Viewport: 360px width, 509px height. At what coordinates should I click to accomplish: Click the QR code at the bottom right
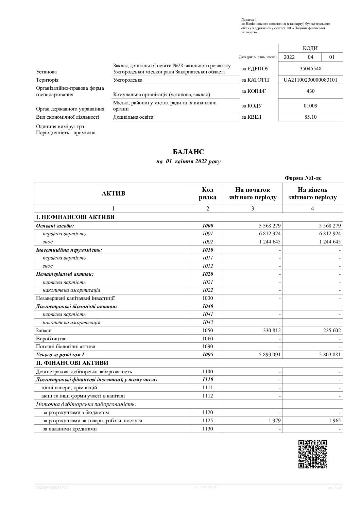click(x=312, y=454)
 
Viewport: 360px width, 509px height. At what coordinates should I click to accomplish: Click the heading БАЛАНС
click(x=188, y=152)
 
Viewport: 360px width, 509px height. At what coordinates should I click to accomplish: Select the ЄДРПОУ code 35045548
click(x=310, y=69)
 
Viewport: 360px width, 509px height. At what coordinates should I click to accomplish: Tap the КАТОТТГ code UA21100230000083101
click(x=310, y=80)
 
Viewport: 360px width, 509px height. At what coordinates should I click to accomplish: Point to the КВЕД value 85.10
click(x=310, y=117)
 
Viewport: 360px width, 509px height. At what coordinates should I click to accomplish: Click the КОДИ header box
click(x=310, y=48)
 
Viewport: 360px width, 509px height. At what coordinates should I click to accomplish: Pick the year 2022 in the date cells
click(x=289, y=57)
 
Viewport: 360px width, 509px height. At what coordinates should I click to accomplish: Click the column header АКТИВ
click(x=113, y=193)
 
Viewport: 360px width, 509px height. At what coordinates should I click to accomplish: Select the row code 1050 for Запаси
click(x=208, y=330)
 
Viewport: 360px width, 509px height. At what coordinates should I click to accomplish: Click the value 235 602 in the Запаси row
click(x=329, y=330)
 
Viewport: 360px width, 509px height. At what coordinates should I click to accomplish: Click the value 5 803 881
click(x=327, y=355)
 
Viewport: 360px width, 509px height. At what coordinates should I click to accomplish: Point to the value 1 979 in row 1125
click(x=274, y=421)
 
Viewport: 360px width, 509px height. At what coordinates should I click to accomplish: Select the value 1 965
click(x=334, y=421)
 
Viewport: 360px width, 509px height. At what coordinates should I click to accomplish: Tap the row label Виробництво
click(x=51, y=339)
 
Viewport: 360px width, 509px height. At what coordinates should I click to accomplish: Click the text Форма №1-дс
click(x=303, y=178)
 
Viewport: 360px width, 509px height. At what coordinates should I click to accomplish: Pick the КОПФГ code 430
click(x=310, y=91)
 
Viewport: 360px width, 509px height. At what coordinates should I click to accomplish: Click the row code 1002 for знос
click(x=208, y=242)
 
